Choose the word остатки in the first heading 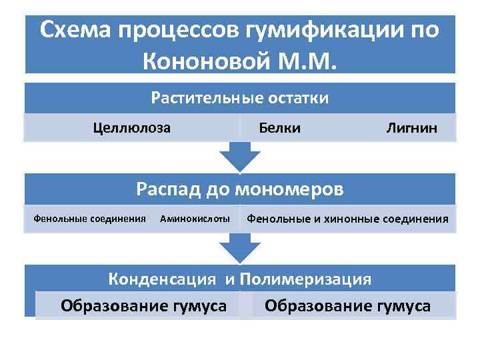click(x=298, y=98)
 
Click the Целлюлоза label click(x=132, y=127)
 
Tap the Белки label click(x=279, y=127)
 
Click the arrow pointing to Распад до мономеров click(x=239, y=157)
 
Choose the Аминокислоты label click(x=195, y=218)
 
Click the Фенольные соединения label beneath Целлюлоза click(x=89, y=218)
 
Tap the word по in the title click(x=424, y=30)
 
